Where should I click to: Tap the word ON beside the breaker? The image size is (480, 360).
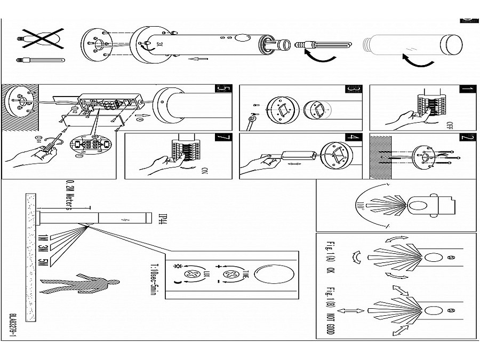point(205,171)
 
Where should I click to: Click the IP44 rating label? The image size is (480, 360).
point(163,219)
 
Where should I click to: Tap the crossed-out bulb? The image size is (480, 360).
point(41,38)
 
